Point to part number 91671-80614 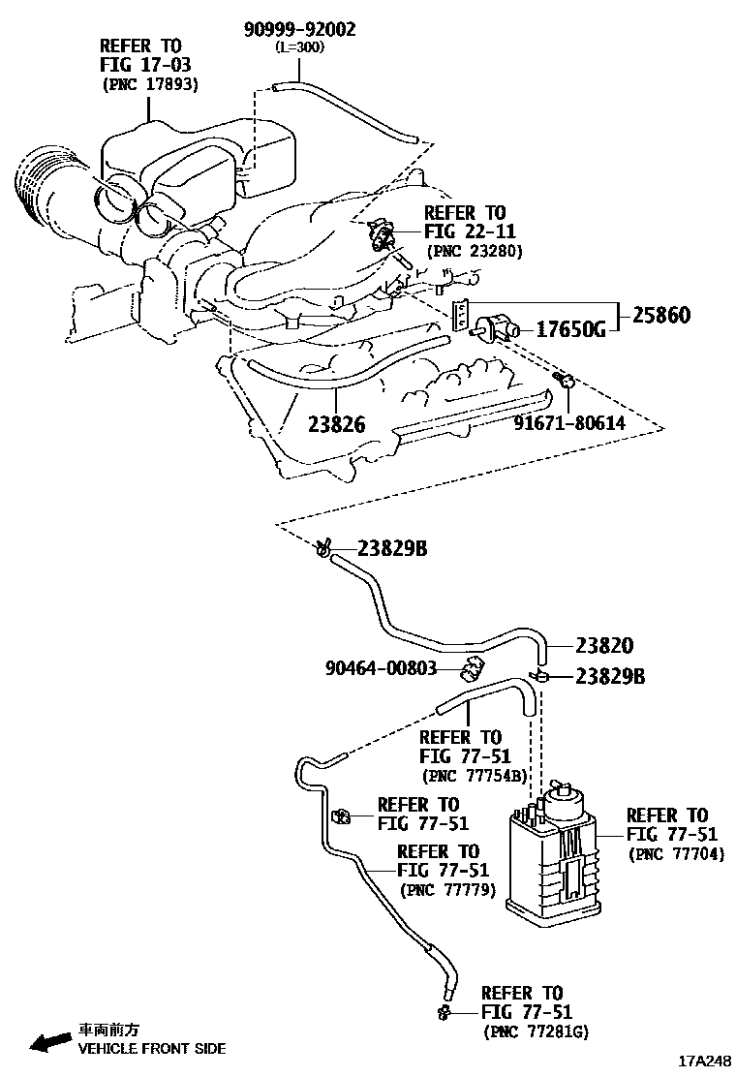click(x=568, y=423)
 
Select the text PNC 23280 click(x=475, y=250)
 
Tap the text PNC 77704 click(x=676, y=853)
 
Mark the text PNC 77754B click(x=474, y=775)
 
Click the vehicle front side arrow click(x=47, y=1042)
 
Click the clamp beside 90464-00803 click(x=472, y=667)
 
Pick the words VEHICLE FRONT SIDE click(x=151, y=1048)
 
